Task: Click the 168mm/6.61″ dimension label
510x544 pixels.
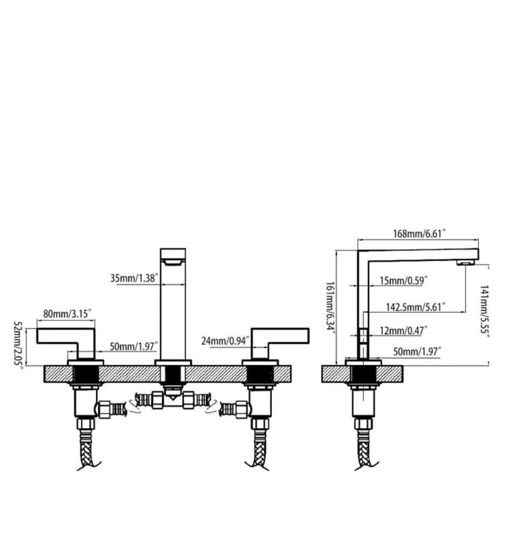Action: pos(419,233)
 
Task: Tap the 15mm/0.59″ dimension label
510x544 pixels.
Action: pos(403,280)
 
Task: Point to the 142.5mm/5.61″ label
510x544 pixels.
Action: pos(415,307)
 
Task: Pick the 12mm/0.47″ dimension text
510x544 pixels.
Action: pos(403,331)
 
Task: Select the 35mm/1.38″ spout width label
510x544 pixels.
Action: pos(134,278)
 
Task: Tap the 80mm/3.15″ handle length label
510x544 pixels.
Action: pos(69,314)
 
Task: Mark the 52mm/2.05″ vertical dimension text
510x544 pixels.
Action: pos(18,345)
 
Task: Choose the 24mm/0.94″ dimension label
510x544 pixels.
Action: pos(225,341)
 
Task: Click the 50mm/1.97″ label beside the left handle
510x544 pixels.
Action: pos(134,346)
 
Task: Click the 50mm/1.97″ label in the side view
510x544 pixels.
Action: pos(417,352)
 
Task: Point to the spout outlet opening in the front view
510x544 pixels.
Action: pos(172,263)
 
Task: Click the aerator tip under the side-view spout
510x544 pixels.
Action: pos(465,263)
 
